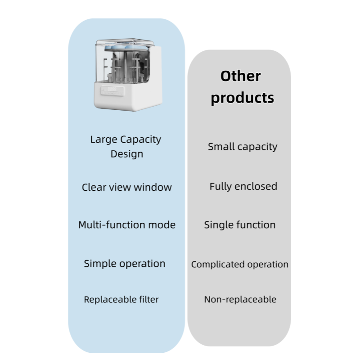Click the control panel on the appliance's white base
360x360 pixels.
click(112, 91)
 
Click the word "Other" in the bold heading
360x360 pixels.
click(240, 76)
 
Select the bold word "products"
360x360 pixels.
click(243, 98)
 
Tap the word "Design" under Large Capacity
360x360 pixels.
click(127, 154)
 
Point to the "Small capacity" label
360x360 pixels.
click(243, 147)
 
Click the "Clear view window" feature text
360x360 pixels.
click(127, 187)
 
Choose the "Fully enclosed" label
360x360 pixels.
click(243, 186)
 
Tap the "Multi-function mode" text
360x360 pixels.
click(127, 225)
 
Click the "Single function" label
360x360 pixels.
click(240, 225)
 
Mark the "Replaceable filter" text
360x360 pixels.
click(121, 299)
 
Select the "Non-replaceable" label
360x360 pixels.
click(240, 299)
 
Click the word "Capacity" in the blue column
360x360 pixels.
click(140, 139)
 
